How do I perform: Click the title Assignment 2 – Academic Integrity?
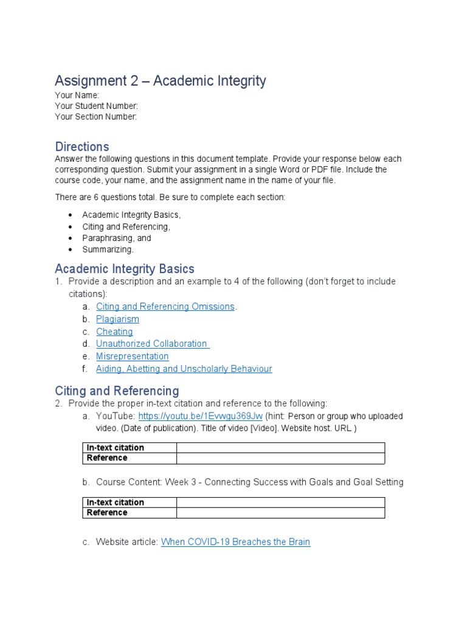click(x=161, y=81)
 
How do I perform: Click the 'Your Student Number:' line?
click(x=96, y=106)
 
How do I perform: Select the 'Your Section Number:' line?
click(x=95, y=117)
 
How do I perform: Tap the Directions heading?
click(x=82, y=147)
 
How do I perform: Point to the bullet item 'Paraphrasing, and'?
click(x=117, y=238)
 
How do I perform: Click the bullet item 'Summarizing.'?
click(x=108, y=249)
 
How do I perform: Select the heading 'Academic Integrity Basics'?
click(x=125, y=269)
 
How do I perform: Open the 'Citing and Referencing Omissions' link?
click(x=165, y=307)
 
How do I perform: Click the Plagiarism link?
click(x=117, y=319)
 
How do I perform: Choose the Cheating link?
click(x=114, y=332)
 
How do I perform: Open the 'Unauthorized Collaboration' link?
click(x=152, y=344)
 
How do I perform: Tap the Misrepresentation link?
click(x=132, y=357)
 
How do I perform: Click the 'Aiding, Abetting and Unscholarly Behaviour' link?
click(x=184, y=369)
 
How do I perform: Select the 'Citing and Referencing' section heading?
click(x=117, y=391)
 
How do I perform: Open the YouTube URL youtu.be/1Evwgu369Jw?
click(x=200, y=416)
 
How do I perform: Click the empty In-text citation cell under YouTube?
click(x=280, y=448)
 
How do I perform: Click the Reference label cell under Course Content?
click(x=129, y=513)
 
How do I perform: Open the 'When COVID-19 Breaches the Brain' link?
click(x=235, y=541)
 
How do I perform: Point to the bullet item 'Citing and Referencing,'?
click(x=126, y=226)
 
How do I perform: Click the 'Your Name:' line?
click(x=77, y=96)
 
